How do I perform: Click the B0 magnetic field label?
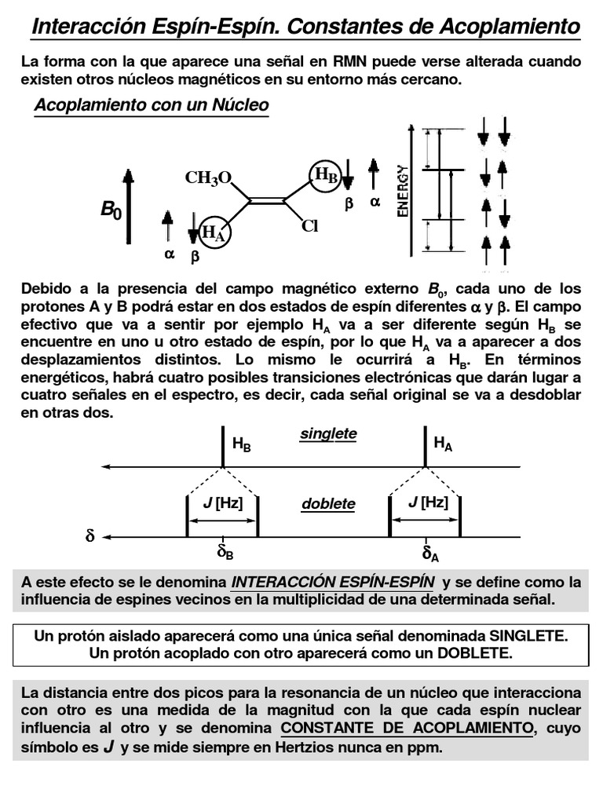[110, 210]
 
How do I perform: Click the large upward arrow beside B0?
[128, 206]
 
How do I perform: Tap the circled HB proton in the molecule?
[325, 175]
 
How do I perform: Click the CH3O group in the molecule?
[208, 178]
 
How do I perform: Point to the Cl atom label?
[309, 227]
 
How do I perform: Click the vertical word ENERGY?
[403, 190]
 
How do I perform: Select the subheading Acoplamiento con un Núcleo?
[152, 105]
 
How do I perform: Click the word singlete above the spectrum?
[327, 433]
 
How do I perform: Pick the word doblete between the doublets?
[327, 504]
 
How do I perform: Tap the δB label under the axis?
[225, 553]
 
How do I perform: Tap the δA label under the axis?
[430, 554]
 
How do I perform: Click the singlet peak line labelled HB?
[223, 448]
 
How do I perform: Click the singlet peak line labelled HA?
[425, 448]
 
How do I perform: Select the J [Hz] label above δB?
[223, 502]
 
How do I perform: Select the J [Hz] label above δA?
[428, 502]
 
